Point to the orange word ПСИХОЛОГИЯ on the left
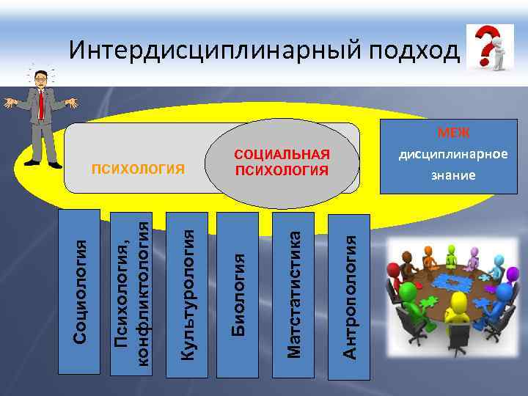[x=138, y=170]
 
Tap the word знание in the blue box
[x=453, y=175]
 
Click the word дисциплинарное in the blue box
[x=453, y=154]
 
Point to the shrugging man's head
[x=40, y=76]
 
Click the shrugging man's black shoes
[x=44, y=164]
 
